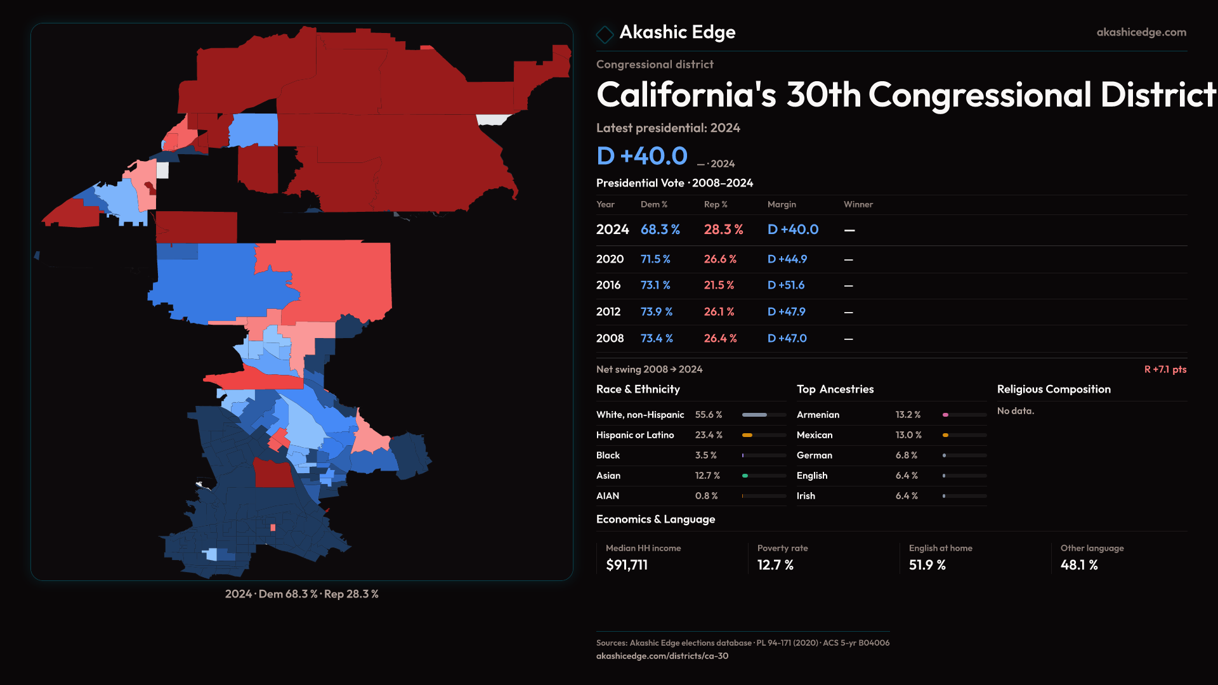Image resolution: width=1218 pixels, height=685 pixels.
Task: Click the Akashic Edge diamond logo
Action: click(x=605, y=34)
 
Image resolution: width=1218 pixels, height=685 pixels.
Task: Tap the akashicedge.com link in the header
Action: click(x=1141, y=32)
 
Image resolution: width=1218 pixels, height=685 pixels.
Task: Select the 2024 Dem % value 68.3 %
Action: click(x=660, y=230)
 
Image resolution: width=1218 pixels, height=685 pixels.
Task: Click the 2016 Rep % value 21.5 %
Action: click(x=719, y=285)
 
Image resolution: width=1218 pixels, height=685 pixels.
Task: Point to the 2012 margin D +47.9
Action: click(x=786, y=312)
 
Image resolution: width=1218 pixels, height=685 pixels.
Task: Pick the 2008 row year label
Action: click(x=610, y=339)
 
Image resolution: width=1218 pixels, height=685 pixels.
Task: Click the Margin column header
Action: click(x=781, y=204)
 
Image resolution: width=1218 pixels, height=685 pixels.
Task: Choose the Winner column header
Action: click(x=858, y=204)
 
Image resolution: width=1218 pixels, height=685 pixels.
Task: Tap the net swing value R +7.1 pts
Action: click(x=1165, y=369)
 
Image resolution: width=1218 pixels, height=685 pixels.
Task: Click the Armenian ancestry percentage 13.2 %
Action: click(x=908, y=415)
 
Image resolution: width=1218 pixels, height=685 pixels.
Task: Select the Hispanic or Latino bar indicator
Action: click(x=764, y=435)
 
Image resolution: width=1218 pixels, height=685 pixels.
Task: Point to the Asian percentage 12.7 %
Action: click(x=707, y=476)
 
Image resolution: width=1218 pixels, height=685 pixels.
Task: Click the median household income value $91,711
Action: click(x=627, y=565)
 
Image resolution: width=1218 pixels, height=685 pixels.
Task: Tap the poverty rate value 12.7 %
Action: click(x=775, y=565)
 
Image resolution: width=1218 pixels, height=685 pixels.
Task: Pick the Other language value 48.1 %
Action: click(x=1078, y=565)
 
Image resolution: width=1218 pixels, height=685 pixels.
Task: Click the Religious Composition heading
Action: click(x=1053, y=389)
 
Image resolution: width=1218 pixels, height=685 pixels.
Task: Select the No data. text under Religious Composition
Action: click(x=1015, y=411)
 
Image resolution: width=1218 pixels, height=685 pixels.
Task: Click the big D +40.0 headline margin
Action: click(x=641, y=156)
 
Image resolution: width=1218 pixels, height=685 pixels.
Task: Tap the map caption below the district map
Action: click(x=301, y=594)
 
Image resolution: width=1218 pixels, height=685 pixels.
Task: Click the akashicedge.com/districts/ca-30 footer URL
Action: click(x=662, y=656)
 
